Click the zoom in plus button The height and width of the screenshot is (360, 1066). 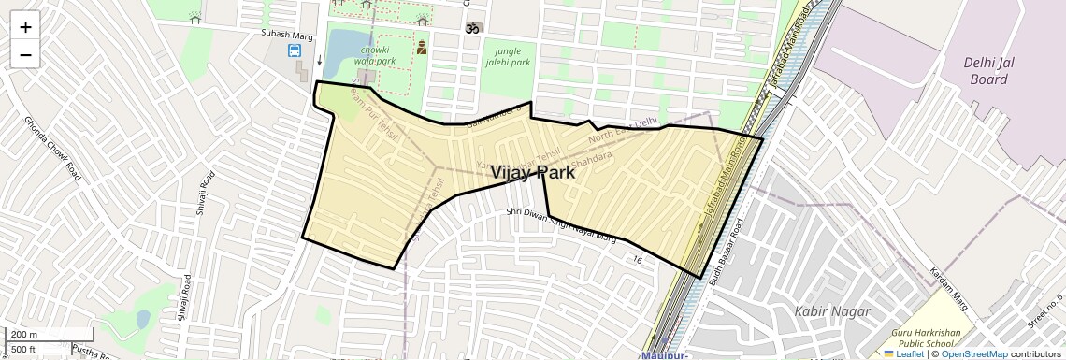pos(25,26)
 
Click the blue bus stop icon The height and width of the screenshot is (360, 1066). pos(295,50)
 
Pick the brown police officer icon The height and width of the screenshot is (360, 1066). pos(422,45)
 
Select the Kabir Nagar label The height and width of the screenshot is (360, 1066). pos(831,310)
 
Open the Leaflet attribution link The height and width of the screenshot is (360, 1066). pos(903,353)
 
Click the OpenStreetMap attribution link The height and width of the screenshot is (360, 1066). pos(973,353)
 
